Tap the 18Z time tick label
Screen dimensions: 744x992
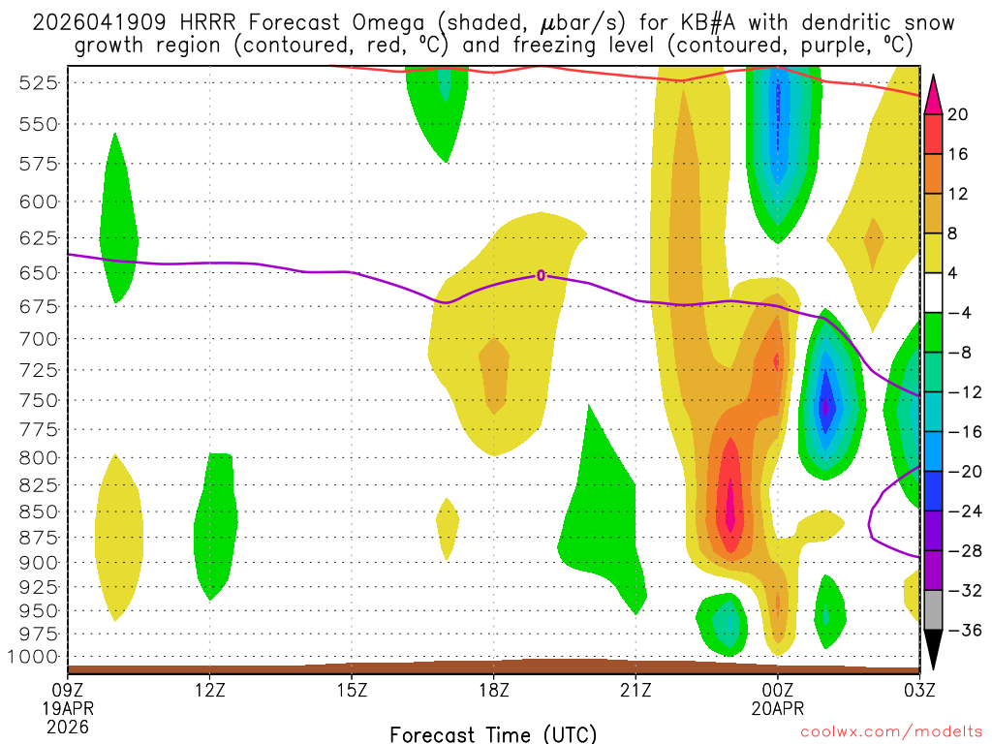493,690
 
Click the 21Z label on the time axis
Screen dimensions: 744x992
635,690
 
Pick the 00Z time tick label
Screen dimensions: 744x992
778,690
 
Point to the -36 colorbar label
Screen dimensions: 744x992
963,631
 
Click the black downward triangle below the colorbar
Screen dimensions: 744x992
933,650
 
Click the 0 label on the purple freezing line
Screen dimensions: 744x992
541,275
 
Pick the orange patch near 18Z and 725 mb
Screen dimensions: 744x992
494,373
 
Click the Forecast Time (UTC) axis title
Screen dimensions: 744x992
493,733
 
